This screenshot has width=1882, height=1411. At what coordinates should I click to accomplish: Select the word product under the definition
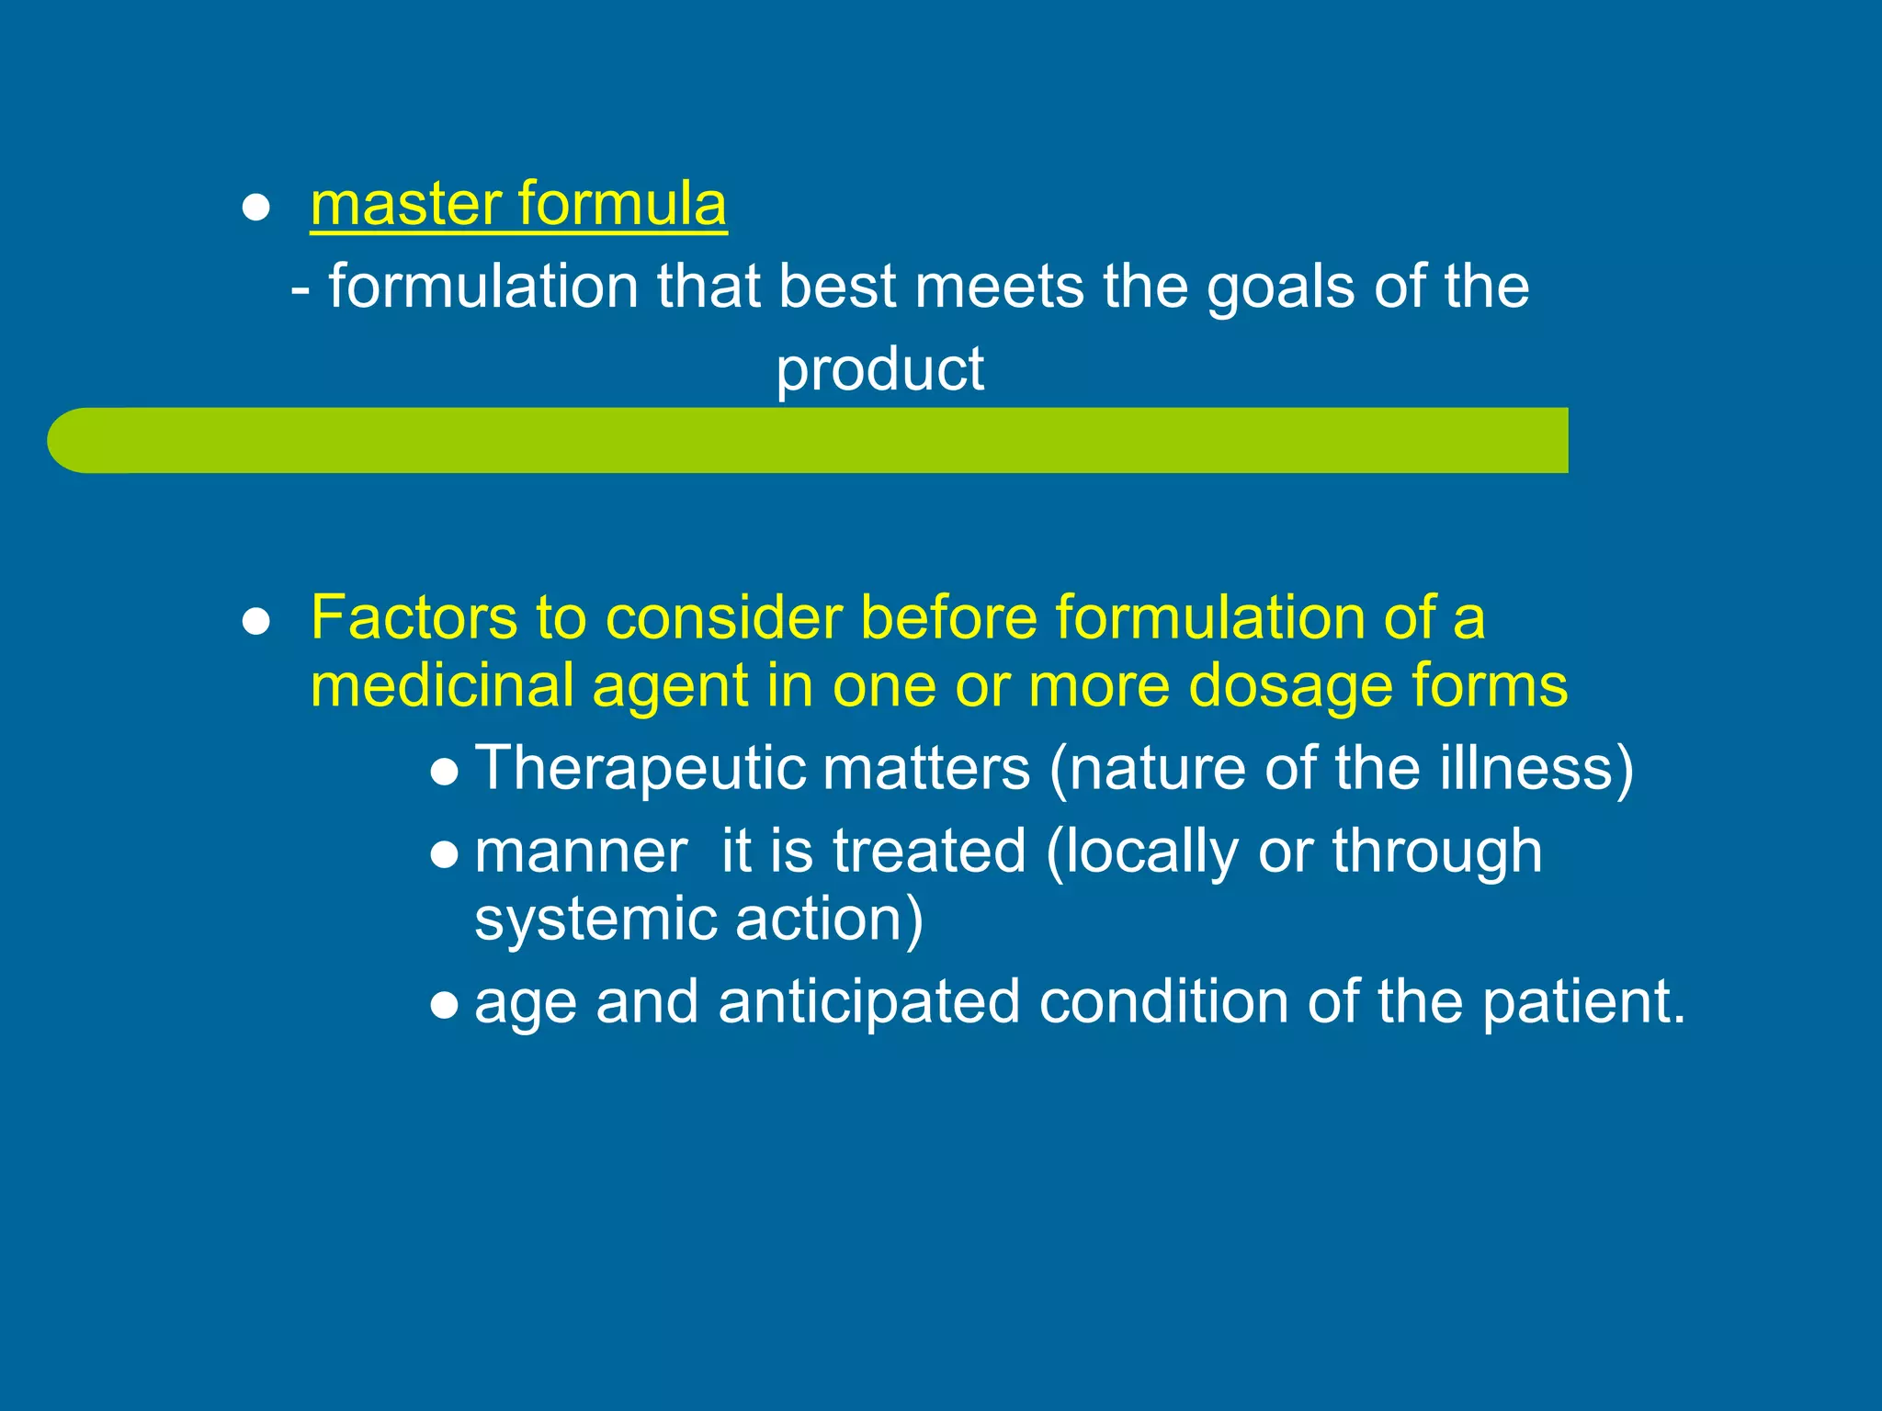tap(879, 370)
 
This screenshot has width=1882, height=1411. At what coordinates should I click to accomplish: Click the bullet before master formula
tap(255, 209)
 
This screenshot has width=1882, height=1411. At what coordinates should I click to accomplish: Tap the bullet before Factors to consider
tap(255, 622)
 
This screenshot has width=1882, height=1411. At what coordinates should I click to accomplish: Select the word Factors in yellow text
tap(414, 617)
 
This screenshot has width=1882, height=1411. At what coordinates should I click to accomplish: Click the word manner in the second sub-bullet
tap(581, 852)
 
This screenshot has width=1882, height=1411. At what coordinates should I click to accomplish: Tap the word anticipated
tap(868, 1002)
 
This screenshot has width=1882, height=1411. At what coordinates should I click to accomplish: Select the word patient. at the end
tap(1585, 1002)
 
